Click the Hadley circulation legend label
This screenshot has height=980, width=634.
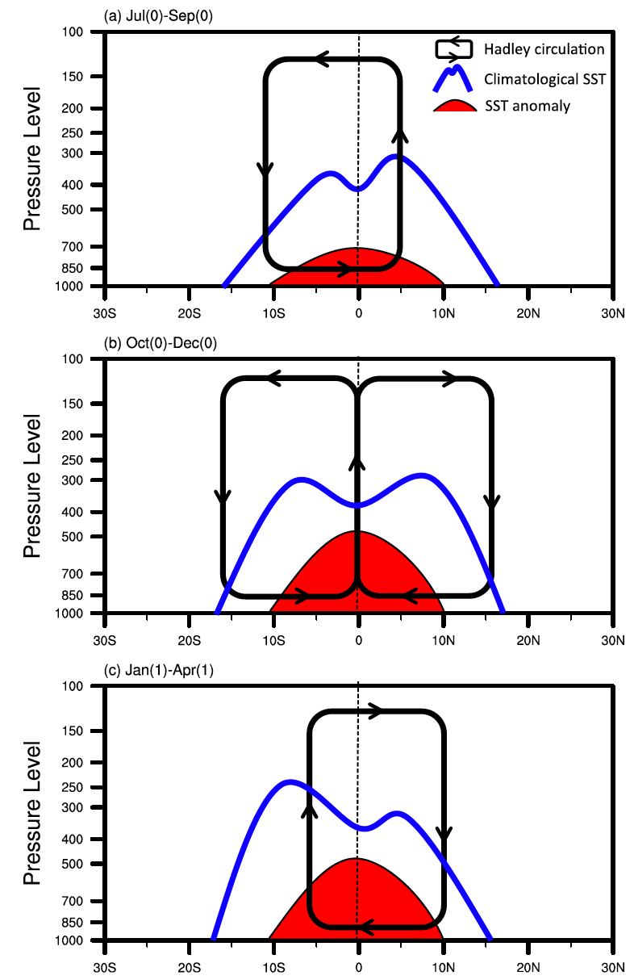[544, 49]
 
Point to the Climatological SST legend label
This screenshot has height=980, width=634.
[544, 78]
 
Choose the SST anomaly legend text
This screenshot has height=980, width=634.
[528, 106]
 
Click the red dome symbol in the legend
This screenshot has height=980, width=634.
[456, 107]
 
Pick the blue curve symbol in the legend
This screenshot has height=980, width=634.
[456, 77]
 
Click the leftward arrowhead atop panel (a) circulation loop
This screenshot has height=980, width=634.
[322, 59]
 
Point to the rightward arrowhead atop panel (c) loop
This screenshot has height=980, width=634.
[376, 711]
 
